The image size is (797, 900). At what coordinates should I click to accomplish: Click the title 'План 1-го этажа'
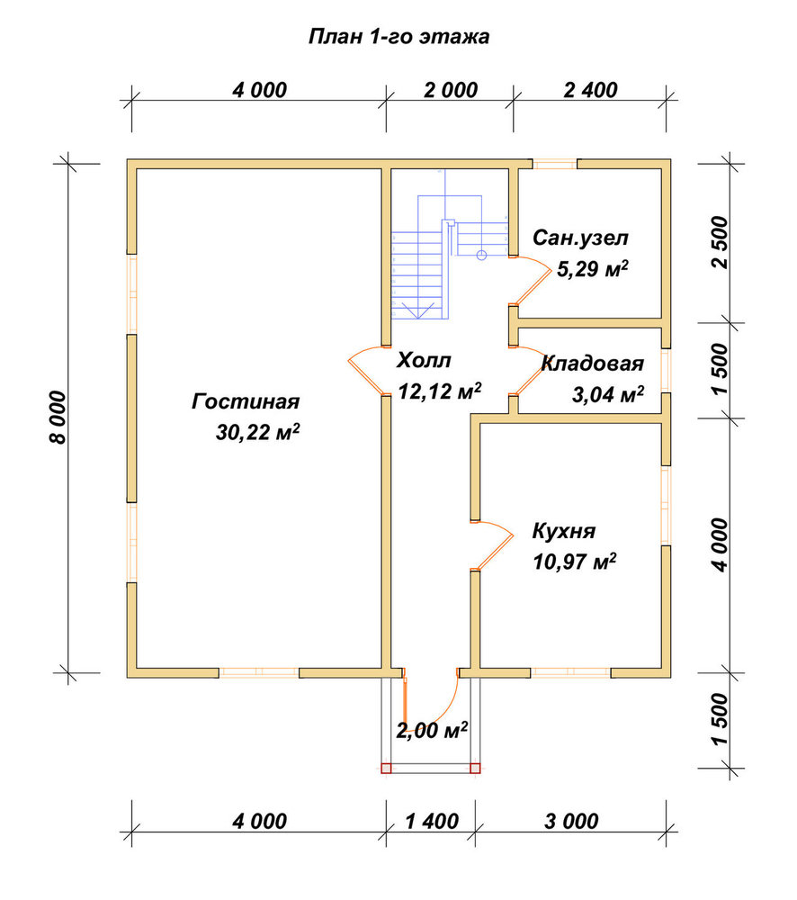click(x=398, y=37)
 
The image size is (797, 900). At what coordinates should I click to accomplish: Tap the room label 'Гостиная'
click(x=246, y=401)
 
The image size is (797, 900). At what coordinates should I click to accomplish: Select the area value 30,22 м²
click(x=257, y=432)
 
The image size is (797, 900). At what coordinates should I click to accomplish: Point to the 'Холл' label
click(x=424, y=361)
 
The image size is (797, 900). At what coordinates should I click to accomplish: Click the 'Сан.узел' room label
click(x=580, y=238)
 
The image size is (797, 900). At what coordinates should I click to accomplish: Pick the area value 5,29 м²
click(x=593, y=268)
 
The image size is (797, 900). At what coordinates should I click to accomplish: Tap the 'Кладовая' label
click(x=592, y=364)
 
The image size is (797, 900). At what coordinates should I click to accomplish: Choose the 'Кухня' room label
click(x=563, y=531)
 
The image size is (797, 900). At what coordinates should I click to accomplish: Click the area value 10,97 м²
click(x=575, y=562)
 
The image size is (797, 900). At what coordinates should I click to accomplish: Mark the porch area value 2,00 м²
click(x=432, y=731)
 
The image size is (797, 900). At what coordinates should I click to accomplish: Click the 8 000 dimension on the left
click(x=58, y=418)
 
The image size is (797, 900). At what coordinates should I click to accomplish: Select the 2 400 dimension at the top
click(x=590, y=90)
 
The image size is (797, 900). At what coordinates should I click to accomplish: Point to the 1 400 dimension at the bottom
click(x=432, y=822)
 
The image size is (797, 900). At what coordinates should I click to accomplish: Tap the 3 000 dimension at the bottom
click(x=571, y=822)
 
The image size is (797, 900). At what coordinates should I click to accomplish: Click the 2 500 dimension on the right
click(x=720, y=242)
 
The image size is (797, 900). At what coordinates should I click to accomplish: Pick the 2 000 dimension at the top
click(x=451, y=90)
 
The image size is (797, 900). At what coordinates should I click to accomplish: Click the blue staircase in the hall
click(x=449, y=256)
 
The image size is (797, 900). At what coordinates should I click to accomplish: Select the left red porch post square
click(x=386, y=768)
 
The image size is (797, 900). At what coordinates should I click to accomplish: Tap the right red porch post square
click(x=475, y=768)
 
